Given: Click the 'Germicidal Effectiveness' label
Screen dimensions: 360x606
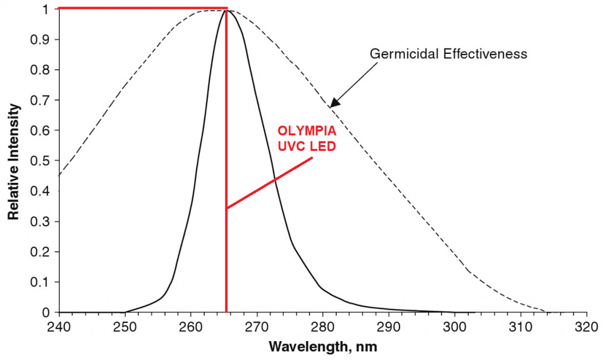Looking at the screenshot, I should click(449, 54).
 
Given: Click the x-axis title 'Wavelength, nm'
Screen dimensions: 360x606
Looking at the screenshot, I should click(323, 345).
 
